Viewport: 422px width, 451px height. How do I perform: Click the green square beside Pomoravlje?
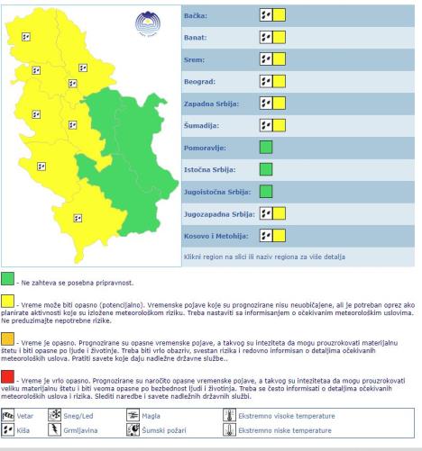point(265,146)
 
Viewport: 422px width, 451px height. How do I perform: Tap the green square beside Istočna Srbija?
point(265,168)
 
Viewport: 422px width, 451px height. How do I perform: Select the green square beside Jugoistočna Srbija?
point(265,190)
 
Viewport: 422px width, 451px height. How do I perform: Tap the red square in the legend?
point(7,374)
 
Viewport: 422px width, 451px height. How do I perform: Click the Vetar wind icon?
point(10,416)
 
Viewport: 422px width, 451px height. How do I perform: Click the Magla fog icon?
point(133,416)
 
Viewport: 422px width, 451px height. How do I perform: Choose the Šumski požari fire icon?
point(133,431)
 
